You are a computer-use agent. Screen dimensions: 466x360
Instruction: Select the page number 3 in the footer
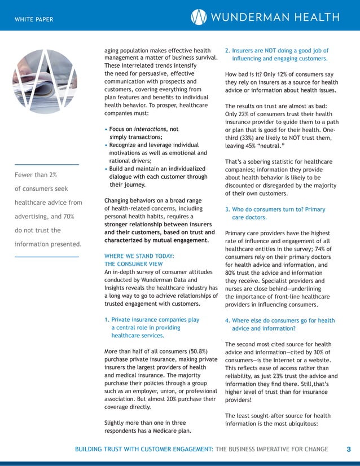click(x=348, y=449)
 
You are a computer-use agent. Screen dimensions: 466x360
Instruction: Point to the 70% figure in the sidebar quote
click(x=73, y=216)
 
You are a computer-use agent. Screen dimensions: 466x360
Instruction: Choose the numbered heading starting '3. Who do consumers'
click(x=275, y=209)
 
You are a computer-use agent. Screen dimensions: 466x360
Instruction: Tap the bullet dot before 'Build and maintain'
click(x=107, y=169)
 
